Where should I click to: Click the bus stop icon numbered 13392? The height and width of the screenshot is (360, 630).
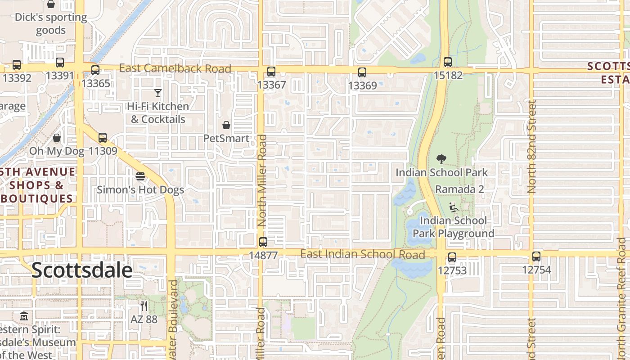[x=17, y=65]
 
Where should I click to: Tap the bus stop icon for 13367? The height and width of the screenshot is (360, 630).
[x=271, y=72]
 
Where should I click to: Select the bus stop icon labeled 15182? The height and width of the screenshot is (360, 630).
[x=447, y=62]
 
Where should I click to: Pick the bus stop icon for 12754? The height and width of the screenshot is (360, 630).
[x=536, y=256]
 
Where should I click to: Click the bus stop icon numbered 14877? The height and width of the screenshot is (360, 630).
[x=263, y=242]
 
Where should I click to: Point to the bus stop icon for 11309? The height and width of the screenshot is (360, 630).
[x=103, y=138]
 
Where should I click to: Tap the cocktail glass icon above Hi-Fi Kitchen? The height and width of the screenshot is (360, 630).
[x=157, y=93]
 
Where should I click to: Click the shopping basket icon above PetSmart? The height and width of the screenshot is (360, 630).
[x=226, y=125]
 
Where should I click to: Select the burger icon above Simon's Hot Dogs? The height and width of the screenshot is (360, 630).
[x=140, y=176]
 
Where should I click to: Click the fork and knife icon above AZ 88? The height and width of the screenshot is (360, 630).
[x=144, y=306]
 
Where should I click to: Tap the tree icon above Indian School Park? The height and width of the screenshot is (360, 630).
[x=441, y=159]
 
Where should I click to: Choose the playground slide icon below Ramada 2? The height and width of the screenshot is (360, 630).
[x=454, y=207]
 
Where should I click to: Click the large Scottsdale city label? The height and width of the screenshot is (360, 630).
[x=82, y=270]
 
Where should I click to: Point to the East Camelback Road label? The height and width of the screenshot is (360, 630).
[x=175, y=69]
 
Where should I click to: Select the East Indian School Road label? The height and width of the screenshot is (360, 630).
[x=362, y=254]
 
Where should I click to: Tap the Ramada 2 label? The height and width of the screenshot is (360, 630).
[x=459, y=189]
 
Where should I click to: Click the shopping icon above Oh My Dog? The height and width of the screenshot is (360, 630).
[x=57, y=138]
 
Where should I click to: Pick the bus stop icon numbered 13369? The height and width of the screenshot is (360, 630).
[x=362, y=72]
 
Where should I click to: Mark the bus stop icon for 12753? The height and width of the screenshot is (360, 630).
[x=452, y=257]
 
